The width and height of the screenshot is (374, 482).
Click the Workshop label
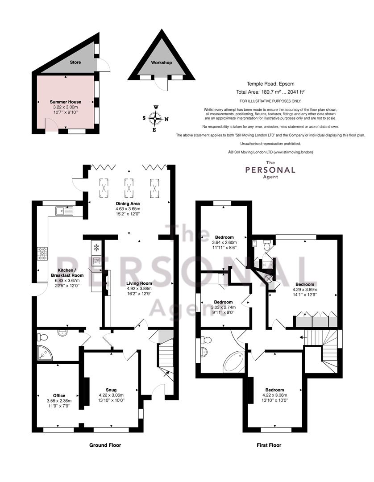[162, 62]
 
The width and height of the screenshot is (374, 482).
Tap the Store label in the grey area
[75, 62]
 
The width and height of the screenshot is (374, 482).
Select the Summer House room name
[66, 102]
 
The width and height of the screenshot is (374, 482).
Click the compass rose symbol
[155, 118]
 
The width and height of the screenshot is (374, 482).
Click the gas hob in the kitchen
[43, 254]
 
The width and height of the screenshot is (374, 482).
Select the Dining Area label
[128, 204]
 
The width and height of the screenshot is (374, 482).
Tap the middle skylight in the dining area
[129, 188]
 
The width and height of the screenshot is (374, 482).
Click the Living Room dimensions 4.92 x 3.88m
[139, 289]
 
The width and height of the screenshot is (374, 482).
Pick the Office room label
[59, 395]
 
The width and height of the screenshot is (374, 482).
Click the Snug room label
[111, 390]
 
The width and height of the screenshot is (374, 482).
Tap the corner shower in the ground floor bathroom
[45, 353]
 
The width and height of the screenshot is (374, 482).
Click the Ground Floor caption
[105, 445]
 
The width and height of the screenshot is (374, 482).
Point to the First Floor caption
[269, 445]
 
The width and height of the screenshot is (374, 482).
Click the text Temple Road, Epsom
[270, 83]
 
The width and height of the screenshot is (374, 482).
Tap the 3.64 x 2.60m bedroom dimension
[224, 242]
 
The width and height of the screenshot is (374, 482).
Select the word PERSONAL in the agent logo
[270, 170]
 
